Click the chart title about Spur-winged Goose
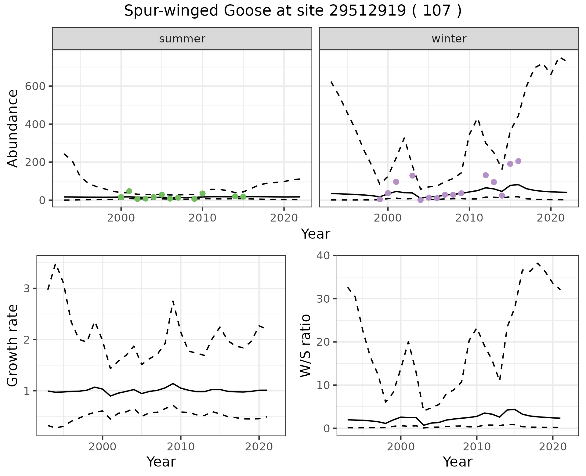tap(293, 11)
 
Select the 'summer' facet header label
tap(182, 39)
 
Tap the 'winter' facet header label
tap(449, 39)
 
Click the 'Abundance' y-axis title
tap(13, 128)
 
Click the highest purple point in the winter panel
tap(518, 161)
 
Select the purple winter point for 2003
tap(412, 175)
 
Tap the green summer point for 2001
tap(129, 191)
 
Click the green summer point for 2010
tap(202, 193)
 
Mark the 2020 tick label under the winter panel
tap(551, 218)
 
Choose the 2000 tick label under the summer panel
tap(121, 218)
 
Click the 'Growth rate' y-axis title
tap(13, 345)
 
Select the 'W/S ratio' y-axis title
tap(305, 345)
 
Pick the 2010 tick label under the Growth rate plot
tap(181, 447)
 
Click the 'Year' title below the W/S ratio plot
tap(458, 462)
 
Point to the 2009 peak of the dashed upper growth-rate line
tap(173, 301)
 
